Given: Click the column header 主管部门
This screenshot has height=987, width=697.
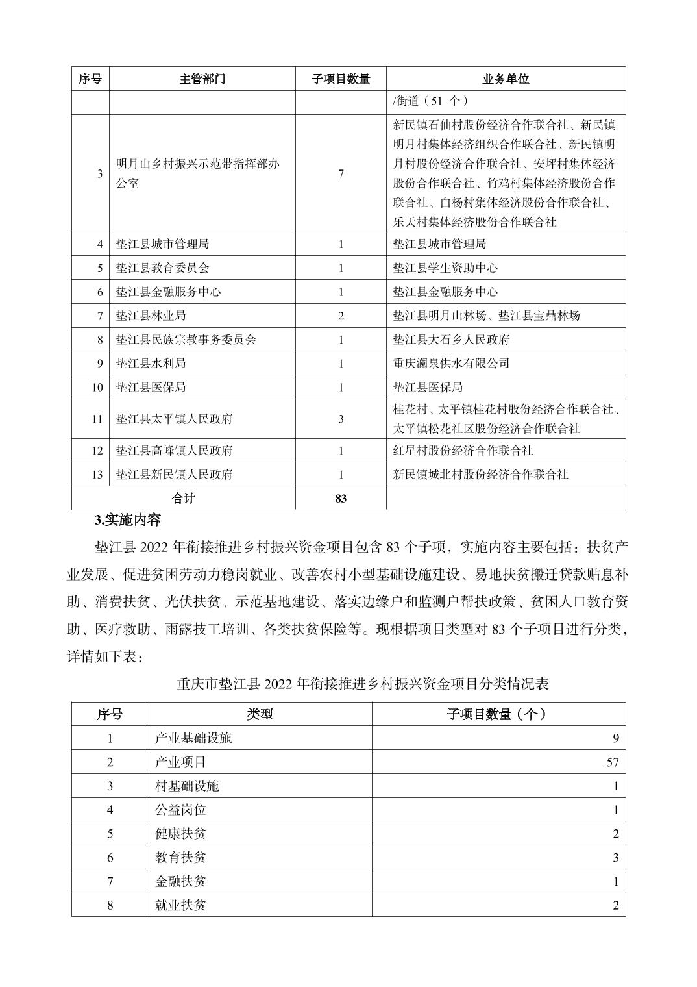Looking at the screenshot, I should pos(202,79).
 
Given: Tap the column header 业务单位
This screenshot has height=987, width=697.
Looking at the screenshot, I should pos(506,79).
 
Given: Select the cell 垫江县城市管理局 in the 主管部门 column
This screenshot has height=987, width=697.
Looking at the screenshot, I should pos(162,244).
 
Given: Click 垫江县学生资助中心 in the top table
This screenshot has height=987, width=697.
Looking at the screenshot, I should pos(445,268).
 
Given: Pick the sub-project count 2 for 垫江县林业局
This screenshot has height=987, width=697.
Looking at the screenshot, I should pos(341,316).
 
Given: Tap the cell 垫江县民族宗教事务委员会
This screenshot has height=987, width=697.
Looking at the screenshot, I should pos(186,340).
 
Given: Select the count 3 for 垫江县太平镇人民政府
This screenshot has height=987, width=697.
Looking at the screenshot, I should pos(341,419).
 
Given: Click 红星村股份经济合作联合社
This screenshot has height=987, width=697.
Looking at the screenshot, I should pos(463,451).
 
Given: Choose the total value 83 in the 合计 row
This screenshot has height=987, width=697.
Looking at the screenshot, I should pos(341,498).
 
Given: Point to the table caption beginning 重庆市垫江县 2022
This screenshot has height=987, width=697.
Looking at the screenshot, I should pos(363,684).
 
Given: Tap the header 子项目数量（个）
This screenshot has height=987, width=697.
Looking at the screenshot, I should pos(498,714).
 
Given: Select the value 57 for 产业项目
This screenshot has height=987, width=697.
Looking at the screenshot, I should pos(613,762).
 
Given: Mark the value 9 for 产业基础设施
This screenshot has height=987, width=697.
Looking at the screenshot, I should pos(615,738).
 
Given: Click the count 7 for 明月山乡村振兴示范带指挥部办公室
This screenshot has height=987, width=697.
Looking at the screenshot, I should pos(341,173).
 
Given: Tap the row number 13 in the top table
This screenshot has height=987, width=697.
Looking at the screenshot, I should pos(97,475).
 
